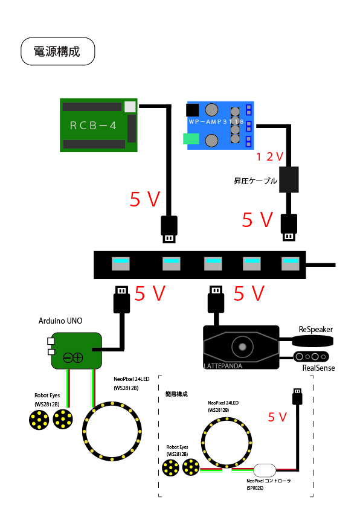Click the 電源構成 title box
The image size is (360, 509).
[x=58, y=51]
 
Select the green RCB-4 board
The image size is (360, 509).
[x=98, y=125]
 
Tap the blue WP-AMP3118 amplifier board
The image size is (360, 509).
[x=220, y=126]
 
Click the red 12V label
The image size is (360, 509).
[x=269, y=157]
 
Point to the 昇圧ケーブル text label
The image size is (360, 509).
[x=256, y=181]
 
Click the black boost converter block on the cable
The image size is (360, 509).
[x=289, y=179]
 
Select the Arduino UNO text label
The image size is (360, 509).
[x=60, y=321]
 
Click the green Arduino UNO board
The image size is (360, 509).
[x=77, y=351]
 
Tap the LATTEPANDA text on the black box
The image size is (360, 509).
[x=223, y=366]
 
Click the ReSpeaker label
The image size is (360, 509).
[x=315, y=329]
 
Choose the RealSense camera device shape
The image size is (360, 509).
[x=311, y=357]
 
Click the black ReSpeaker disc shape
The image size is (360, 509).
[x=313, y=341]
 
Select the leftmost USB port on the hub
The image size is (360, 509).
[x=121, y=264]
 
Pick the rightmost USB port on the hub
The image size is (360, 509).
[x=290, y=264]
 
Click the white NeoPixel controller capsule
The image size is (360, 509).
[x=265, y=470]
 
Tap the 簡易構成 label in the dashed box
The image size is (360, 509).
[x=176, y=394]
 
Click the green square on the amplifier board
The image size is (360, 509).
[x=191, y=139]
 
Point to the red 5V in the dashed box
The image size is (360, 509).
[x=277, y=417]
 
